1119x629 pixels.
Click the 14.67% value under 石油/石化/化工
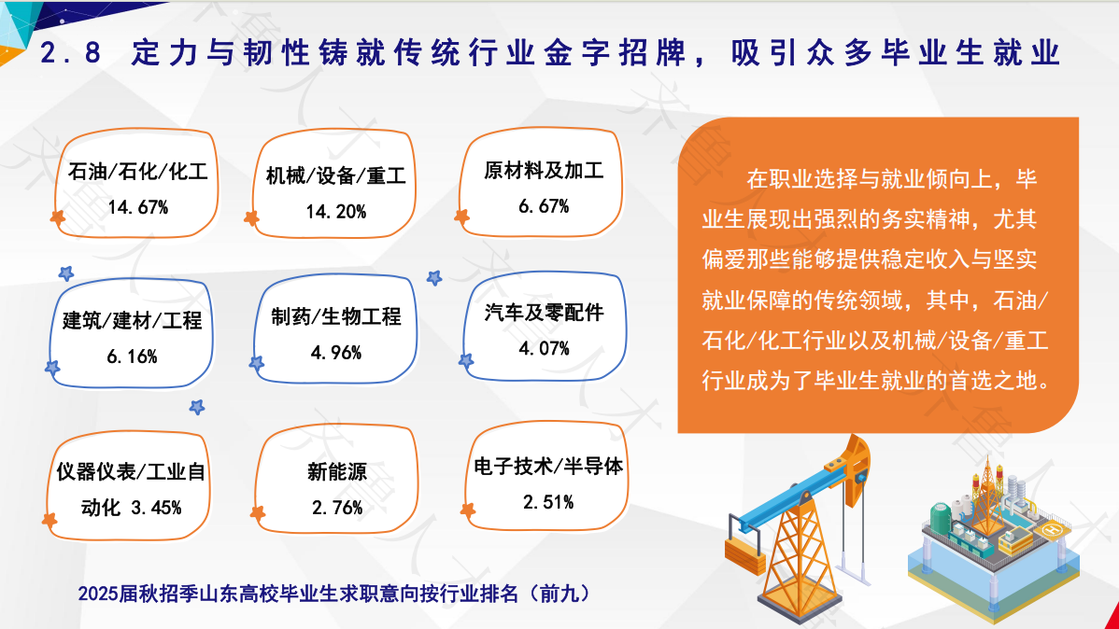[137, 207]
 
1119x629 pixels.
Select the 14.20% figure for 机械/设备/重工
[336, 212]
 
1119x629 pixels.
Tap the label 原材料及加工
[544, 171]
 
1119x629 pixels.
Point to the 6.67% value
[544, 207]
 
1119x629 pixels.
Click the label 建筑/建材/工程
[132, 321]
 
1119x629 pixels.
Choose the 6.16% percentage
[132, 356]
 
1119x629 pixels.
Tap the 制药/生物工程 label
[336, 316]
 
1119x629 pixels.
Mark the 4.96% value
[336, 353]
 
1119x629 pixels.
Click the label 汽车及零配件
[544, 313]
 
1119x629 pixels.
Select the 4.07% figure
[544, 349]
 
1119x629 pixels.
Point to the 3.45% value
[156, 508]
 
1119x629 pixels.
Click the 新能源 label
[337, 471]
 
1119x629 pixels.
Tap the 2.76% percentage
[337, 508]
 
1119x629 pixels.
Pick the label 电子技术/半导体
[548, 467]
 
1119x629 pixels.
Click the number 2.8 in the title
[70, 53]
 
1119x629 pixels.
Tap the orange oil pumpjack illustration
[798, 527]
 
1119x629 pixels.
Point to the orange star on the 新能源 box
[258, 512]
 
